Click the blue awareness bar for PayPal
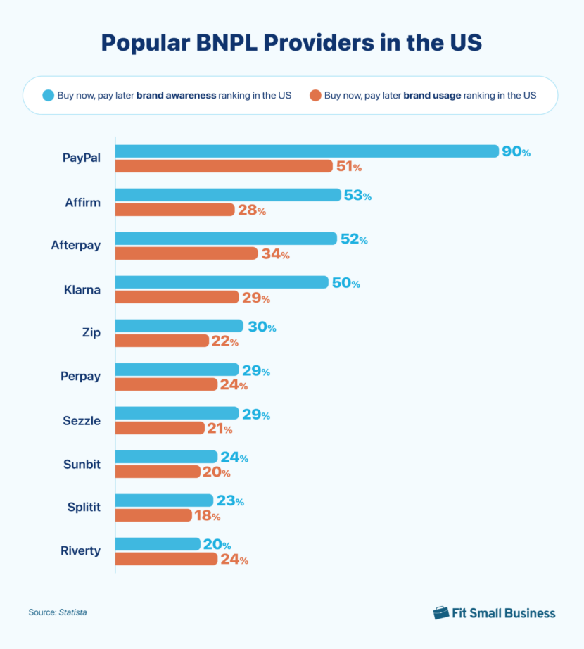[x=307, y=151]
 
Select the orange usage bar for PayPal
[x=224, y=166]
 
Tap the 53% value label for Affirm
[x=357, y=196]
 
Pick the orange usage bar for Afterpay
[x=186, y=253]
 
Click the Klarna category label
[x=80, y=289]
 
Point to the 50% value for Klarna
[x=345, y=283]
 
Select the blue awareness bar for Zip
[x=179, y=327]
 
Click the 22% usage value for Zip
[x=225, y=341]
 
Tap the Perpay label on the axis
[x=80, y=377]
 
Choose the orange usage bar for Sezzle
[x=160, y=428]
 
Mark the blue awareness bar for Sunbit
[x=166, y=457]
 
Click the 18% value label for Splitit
[x=207, y=516]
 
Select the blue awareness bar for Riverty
[x=158, y=544]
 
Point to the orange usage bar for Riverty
[x=166, y=559]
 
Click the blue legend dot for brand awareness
[x=49, y=95]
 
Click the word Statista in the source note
[x=73, y=612]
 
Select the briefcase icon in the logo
[x=441, y=612]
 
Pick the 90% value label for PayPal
[x=516, y=151]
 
